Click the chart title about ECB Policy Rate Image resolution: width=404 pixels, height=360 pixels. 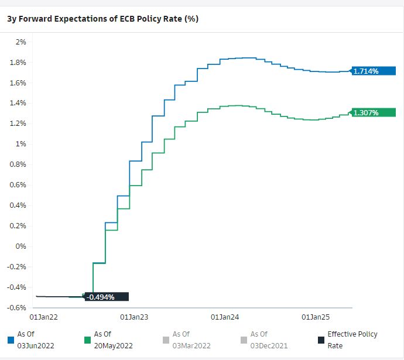[x=102, y=19]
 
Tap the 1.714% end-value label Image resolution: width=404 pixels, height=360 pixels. [x=366, y=71]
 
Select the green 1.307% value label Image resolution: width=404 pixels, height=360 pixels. [x=366, y=112]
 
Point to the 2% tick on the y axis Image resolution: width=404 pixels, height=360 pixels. [x=21, y=42]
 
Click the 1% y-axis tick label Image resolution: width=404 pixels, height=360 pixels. [x=21, y=144]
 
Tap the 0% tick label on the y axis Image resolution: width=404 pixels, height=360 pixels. [x=21, y=246]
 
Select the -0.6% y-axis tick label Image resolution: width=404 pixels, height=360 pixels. [x=19, y=307]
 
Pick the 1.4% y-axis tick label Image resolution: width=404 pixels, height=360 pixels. [x=19, y=104]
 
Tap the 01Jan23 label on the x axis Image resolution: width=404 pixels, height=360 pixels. [x=133, y=317]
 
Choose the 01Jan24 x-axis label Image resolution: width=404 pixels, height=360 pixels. [x=225, y=317]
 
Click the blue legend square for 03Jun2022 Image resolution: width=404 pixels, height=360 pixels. [x=11, y=340]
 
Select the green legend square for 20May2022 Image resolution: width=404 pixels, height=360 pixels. [x=88, y=340]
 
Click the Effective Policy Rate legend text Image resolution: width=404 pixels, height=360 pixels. [x=352, y=340]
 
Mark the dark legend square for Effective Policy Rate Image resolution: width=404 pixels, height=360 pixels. [x=321, y=340]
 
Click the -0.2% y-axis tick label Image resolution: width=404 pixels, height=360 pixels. [x=19, y=266]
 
